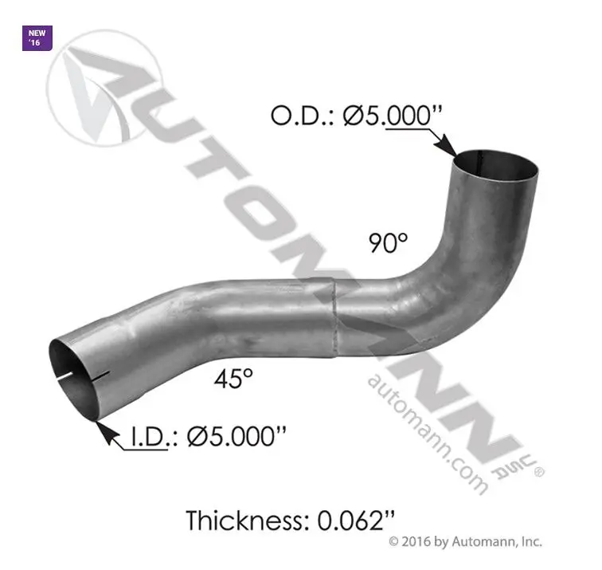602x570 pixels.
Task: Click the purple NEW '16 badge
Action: coord(37,38)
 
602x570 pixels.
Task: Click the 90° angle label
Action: coord(388,242)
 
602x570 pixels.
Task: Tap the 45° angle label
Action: coord(233,378)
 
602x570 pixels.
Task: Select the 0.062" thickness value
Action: coord(356,521)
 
